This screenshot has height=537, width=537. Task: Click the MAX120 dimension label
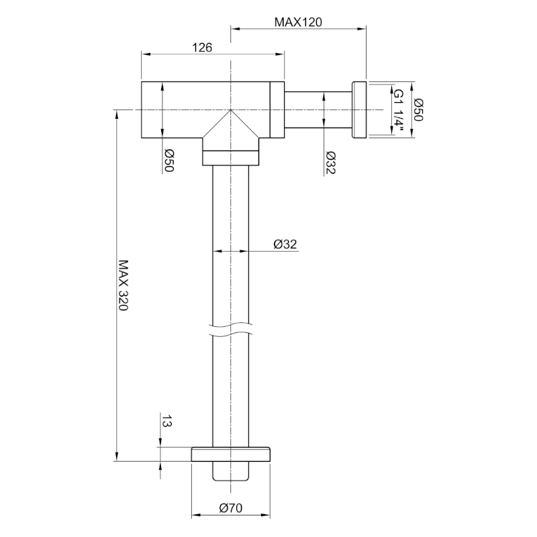pos(298,22)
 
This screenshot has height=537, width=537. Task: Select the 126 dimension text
pos(202,47)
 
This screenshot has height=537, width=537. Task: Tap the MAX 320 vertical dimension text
pos(124,285)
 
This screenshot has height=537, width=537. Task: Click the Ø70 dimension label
pos(231,508)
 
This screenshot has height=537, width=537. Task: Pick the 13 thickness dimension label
pos(166,421)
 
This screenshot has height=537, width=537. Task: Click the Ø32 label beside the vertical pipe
pos(285,244)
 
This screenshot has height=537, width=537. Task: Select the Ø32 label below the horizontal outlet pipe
pos(330,162)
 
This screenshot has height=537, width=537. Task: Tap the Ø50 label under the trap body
pos(169,160)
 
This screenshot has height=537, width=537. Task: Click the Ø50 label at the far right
pos(418,109)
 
